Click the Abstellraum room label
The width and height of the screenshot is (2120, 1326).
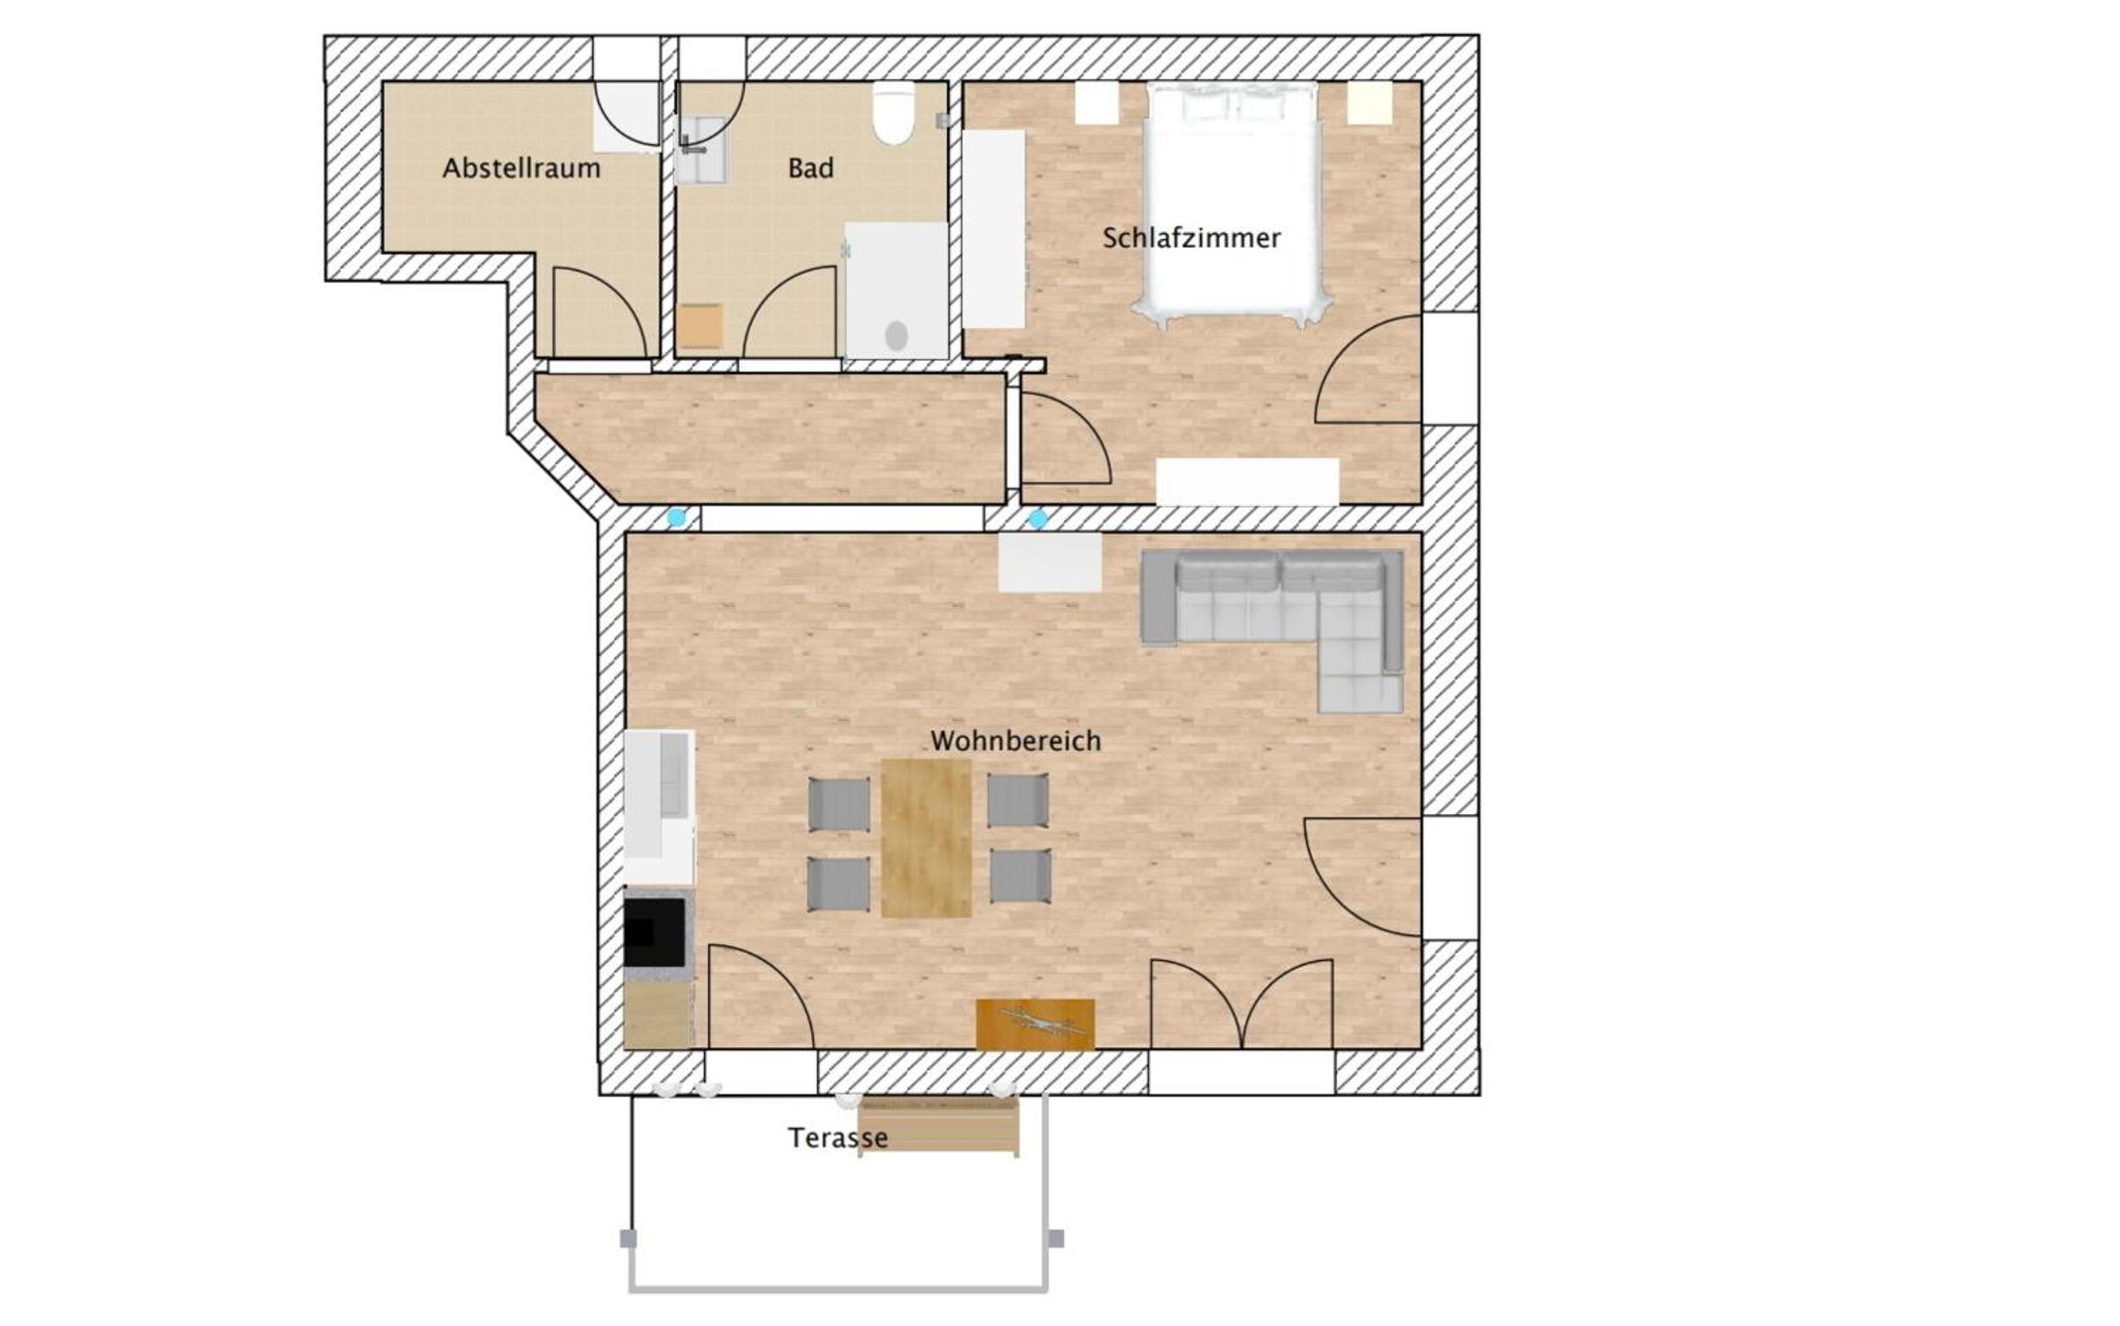tap(521, 167)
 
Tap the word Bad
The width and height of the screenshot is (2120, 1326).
tap(811, 167)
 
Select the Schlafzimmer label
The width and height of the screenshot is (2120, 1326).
tap(1190, 237)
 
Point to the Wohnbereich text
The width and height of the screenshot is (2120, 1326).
tap(1015, 741)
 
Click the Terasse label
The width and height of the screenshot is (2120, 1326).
tap(837, 1138)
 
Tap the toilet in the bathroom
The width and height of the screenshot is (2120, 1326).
tap(893, 113)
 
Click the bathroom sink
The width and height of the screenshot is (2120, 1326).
tap(702, 150)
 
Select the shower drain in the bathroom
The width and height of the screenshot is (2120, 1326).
tap(896, 335)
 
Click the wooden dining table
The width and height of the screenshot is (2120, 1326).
tap(926, 837)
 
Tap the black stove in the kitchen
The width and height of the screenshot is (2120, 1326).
tap(654, 932)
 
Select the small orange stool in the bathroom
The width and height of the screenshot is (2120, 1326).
tap(700, 325)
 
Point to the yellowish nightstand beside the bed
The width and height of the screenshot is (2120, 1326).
tap(1370, 104)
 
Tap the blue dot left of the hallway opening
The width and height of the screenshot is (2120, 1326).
tap(676, 518)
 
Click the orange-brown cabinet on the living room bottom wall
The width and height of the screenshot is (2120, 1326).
tap(1036, 1024)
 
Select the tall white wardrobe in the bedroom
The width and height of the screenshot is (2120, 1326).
tap(994, 230)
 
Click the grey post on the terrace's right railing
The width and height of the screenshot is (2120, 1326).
tap(1057, 1238)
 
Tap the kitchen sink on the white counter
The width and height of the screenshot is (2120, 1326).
tap(673, 776)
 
